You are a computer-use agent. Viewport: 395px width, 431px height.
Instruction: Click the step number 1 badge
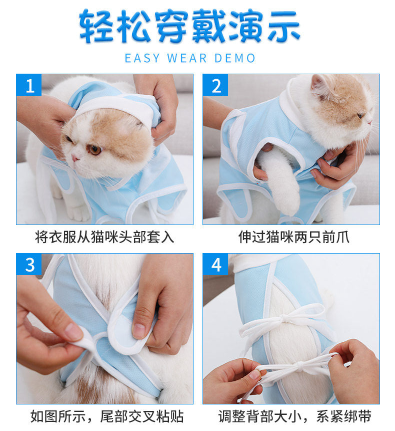29,85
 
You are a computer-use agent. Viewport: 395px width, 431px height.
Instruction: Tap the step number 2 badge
215,85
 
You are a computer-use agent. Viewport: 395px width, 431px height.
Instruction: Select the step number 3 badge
29,265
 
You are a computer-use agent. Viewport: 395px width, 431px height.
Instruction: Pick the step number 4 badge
215,265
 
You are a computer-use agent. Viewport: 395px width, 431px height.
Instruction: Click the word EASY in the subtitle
142,58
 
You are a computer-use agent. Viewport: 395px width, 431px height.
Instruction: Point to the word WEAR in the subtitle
187,58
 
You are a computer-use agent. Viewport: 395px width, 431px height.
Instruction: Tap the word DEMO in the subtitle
235,58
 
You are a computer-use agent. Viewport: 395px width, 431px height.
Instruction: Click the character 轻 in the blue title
96,26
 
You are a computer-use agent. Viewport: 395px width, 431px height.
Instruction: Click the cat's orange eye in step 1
94,150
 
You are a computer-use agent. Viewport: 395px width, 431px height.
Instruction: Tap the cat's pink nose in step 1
74,158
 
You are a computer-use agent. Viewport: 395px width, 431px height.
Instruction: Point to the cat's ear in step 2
320,86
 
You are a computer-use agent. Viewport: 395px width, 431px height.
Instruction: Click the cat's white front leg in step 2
280,181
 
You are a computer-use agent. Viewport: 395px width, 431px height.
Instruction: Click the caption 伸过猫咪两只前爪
294,237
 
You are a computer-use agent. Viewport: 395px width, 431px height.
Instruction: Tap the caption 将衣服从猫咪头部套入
104,237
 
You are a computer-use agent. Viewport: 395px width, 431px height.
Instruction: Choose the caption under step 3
107,416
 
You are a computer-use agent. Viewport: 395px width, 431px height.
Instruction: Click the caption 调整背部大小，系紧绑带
295,416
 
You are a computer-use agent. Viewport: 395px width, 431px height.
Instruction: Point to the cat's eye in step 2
360,115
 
